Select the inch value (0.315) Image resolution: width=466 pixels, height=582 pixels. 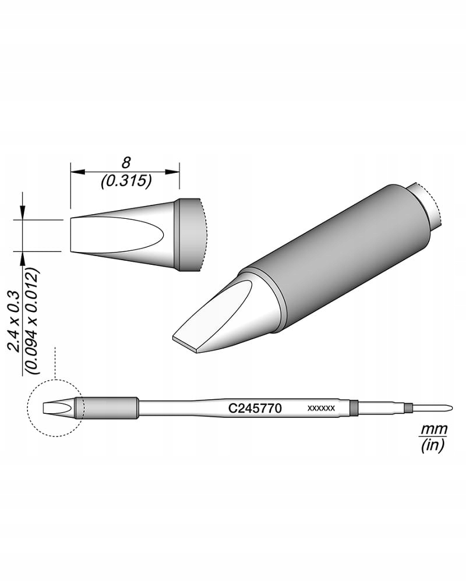126,182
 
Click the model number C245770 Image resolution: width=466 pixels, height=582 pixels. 255,409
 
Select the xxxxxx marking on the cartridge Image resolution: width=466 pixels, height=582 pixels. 321,409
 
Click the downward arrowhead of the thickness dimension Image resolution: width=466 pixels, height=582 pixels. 23,214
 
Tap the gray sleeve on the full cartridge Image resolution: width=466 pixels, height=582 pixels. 108,407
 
